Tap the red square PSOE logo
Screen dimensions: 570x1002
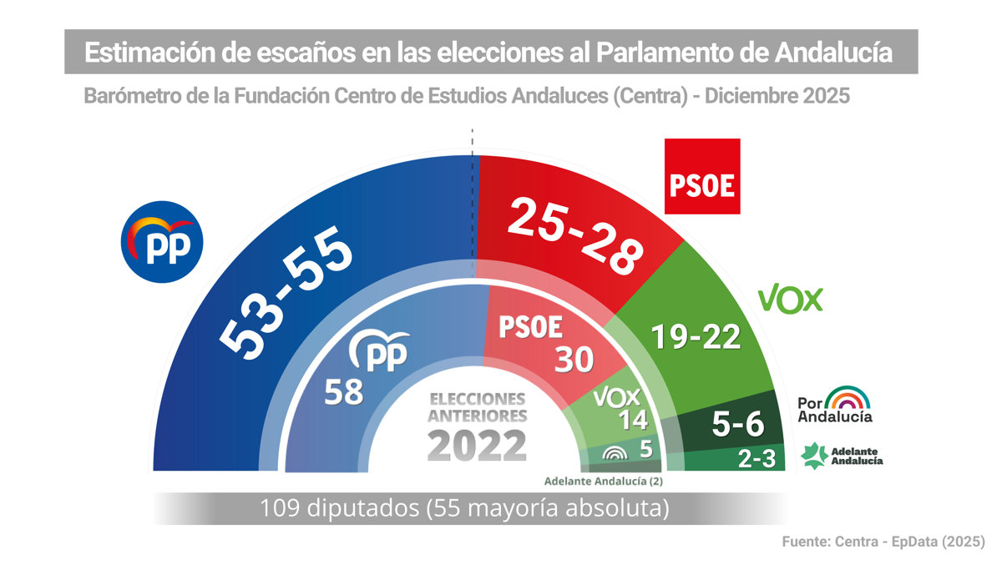(x=702, y=177)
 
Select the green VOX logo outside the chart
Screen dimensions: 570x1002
(x=789, y=298)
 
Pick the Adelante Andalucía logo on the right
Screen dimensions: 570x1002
(x=841, y=455)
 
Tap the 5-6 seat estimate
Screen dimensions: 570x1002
(x=737, y=426)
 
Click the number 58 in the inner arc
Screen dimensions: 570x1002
(x=343, y=391)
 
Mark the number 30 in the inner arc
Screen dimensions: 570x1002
(x=572, y=358)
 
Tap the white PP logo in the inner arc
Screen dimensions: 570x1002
(x=381, y=351)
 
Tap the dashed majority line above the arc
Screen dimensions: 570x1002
(x=473, y=144)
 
